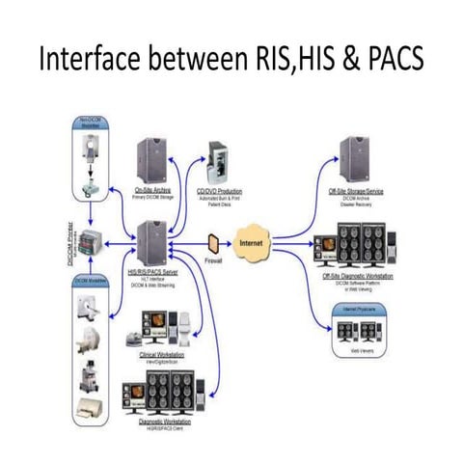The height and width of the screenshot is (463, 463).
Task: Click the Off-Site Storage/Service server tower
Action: tap(353, 159)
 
